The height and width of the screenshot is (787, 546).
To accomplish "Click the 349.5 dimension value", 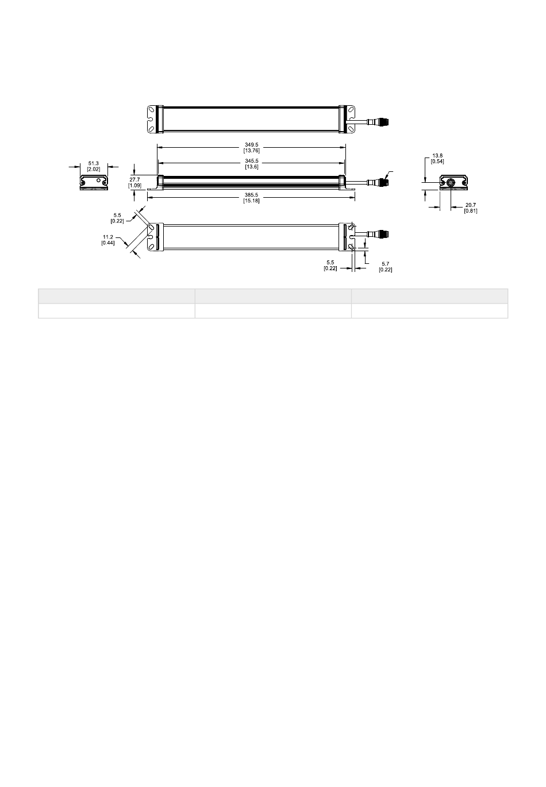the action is click(251, 145).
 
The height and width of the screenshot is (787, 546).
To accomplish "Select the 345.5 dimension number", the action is click(251, 161).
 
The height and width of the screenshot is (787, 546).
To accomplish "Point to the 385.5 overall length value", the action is click(251, 195).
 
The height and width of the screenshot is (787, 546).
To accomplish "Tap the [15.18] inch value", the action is click(251, 201).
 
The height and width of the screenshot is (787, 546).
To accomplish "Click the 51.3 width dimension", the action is click(94, 163).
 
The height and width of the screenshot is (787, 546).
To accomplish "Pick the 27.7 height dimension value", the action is click(134, 179).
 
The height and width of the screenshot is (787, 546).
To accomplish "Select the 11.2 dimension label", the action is click(108, 237).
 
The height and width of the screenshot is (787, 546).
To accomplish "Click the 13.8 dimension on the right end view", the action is click(437, 155).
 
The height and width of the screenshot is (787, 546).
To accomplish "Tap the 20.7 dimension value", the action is click(471, 205).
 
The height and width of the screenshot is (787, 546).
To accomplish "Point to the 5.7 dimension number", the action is click(386, 263).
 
